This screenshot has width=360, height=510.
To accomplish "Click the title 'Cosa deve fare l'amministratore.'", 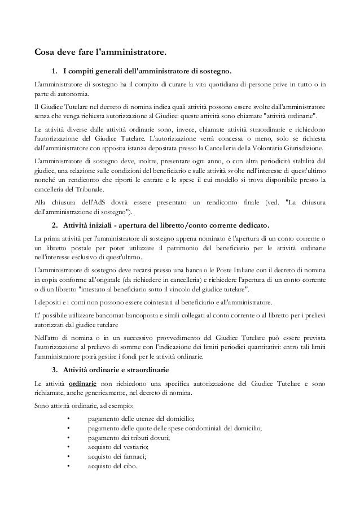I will click(100, 54).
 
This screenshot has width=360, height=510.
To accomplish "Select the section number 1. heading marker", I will click(55, 72).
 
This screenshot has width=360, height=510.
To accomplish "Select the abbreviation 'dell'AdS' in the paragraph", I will click(103, 202).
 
